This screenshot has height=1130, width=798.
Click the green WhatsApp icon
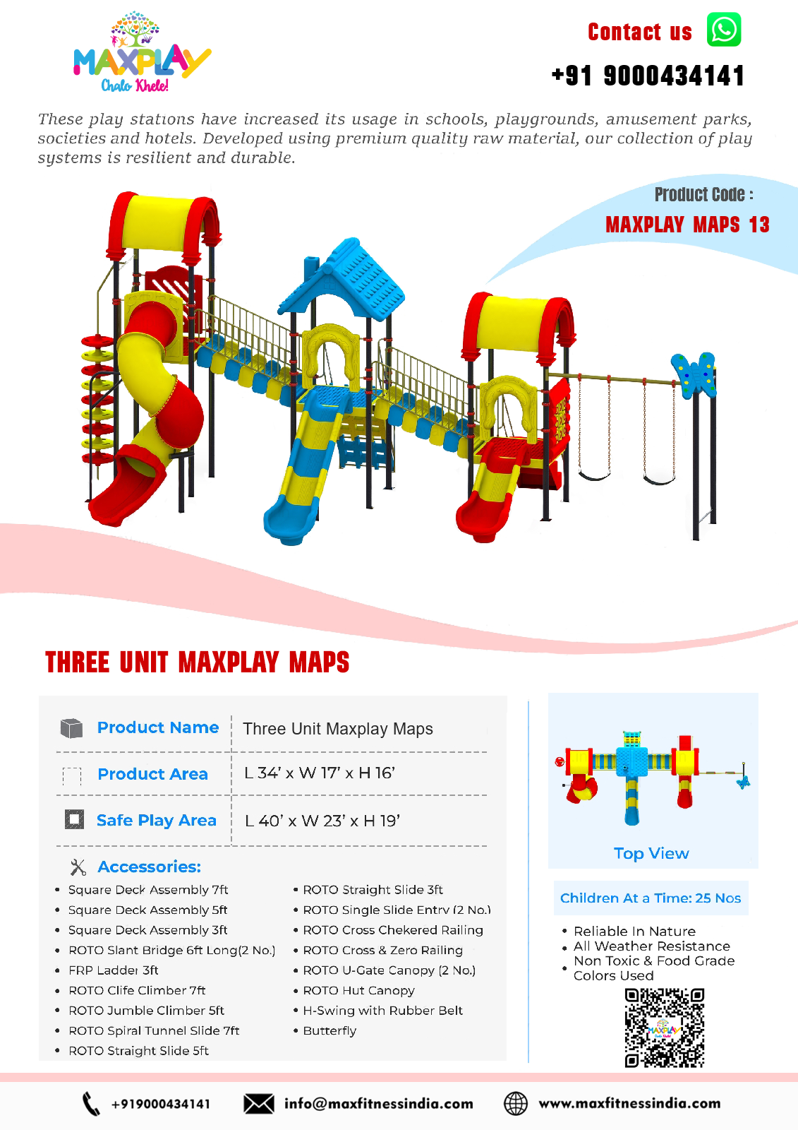click(724, 30)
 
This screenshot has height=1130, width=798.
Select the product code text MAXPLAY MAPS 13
click(687, 225)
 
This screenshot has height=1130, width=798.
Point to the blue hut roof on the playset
click(353, 279)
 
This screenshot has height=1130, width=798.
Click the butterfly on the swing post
click(695, 373)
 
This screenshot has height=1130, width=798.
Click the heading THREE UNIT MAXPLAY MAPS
click(198, 662)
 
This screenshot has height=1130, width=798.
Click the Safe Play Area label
click(156, 820)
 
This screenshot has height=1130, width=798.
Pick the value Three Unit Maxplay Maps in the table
click(337, 729)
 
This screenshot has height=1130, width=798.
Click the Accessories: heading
click(149, 867)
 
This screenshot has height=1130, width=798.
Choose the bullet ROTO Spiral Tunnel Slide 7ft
click(154, 1030)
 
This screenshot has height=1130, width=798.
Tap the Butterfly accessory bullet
click(330, 1030)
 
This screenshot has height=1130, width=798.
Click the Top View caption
click(651, 853)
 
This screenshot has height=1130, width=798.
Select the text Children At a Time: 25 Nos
click(651, 898)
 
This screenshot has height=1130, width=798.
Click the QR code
click(665, 1028)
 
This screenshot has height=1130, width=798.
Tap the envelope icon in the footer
click(259, 1104)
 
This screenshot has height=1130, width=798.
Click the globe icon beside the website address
click(516, 1104)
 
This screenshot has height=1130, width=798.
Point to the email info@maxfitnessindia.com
click(378, 1104)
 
